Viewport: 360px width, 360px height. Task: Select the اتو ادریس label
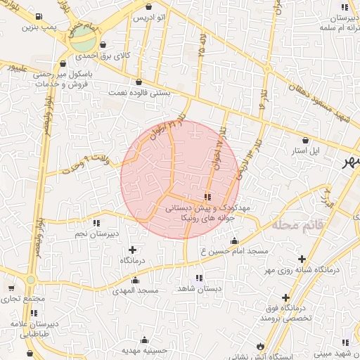150,16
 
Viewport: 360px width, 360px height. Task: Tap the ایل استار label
306,150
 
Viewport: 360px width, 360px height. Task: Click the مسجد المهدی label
139,290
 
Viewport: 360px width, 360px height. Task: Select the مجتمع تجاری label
23,298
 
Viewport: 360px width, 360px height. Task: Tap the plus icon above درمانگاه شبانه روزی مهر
302,259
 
